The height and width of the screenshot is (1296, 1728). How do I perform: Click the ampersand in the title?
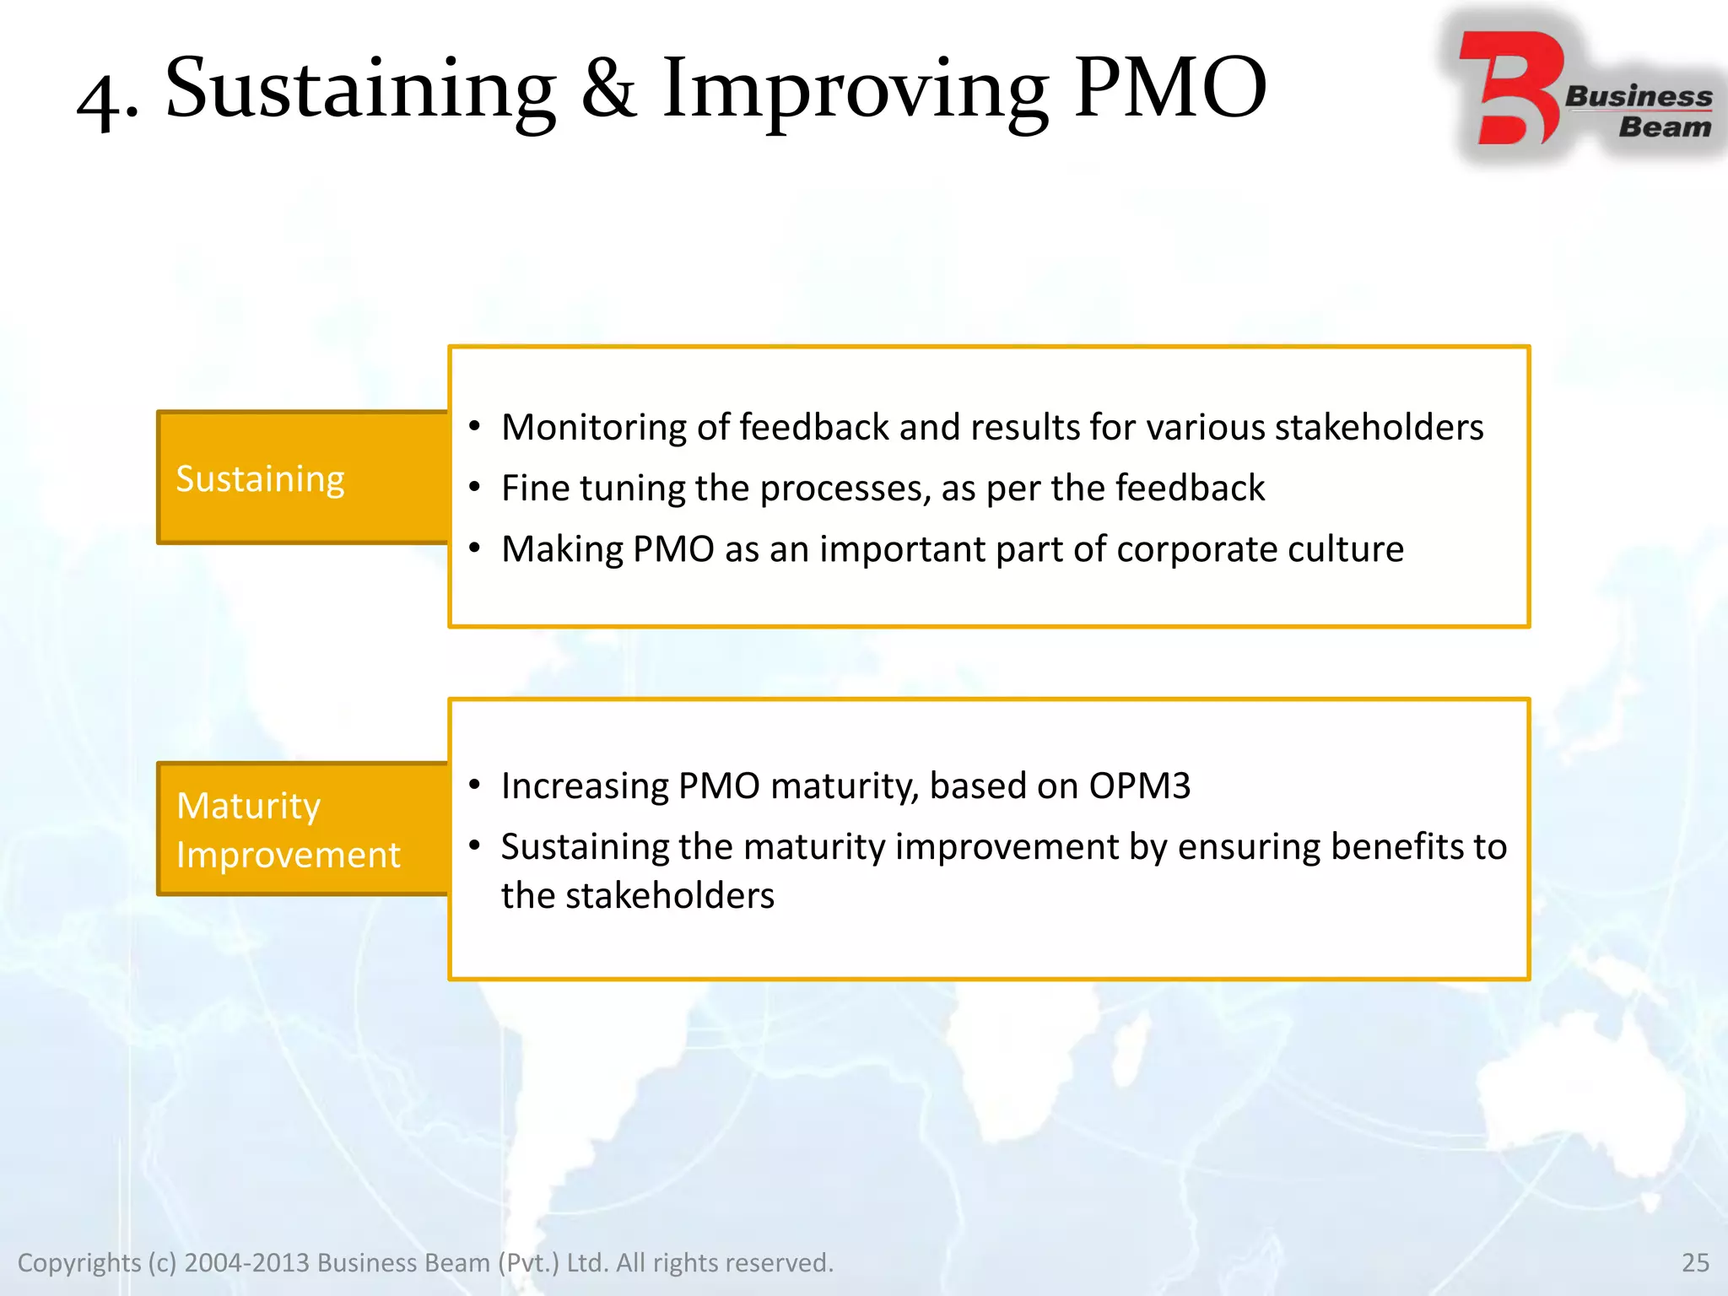click(x=608, y=89)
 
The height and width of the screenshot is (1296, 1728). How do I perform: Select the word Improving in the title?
click(x=855, y=91)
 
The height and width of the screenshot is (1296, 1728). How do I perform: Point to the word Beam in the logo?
click(x=1664, y=127)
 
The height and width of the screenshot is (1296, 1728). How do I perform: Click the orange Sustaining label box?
click(x=302, y=478)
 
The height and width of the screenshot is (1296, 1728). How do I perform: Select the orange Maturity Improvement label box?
click(x=302, y=829)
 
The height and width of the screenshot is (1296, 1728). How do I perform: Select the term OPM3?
click(x=1139, y=786)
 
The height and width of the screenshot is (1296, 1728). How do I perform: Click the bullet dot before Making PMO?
click(x=475, y=549)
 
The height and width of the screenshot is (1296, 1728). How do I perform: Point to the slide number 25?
click(x=1694, y=1262)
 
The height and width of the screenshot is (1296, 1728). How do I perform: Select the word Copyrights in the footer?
click(x=79, y=1262)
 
